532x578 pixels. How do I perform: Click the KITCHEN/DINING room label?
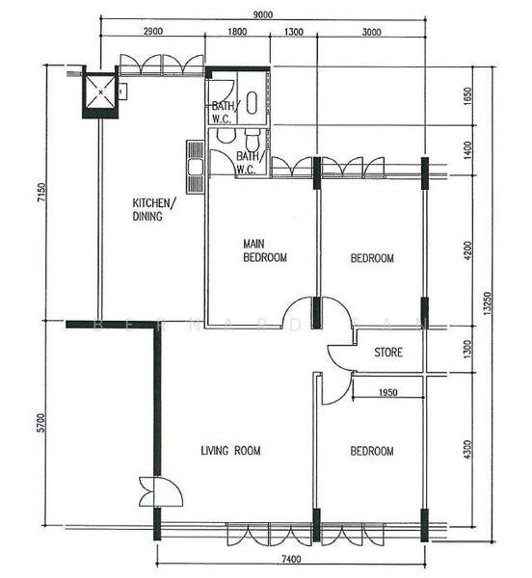click(153, 209)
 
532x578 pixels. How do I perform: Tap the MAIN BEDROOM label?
click(264, 251)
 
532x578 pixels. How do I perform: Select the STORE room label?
click(388, 353)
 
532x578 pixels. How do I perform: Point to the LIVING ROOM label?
click(230, 451)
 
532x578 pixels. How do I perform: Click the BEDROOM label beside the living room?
click(371, 451)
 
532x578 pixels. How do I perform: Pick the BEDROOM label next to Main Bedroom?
click(371, 258)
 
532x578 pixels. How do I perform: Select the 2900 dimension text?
click(152, 32)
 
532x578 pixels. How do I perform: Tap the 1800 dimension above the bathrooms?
click(237, 32)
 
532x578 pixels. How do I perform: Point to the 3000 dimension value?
click(370, 32)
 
